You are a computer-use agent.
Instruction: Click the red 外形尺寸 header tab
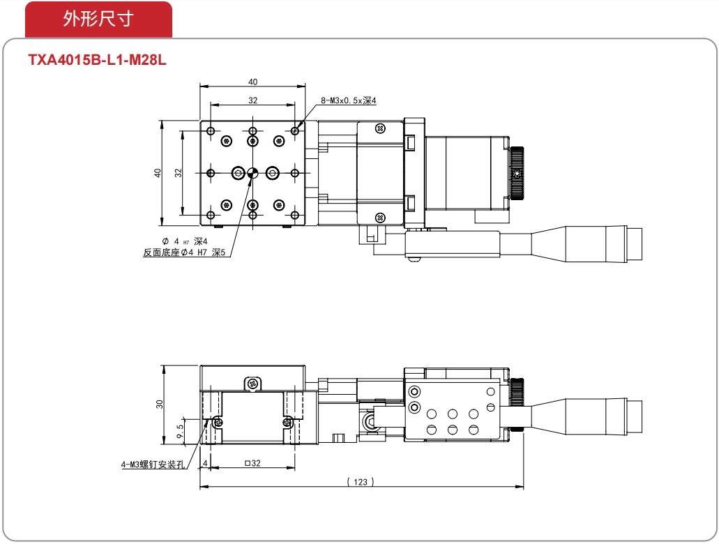pyautogui.click(x=98, y=20)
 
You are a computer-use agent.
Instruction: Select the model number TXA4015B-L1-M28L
pyautogui.click(x=97, y=60)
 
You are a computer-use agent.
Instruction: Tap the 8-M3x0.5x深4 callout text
pyautogui.click(x=349, y=100)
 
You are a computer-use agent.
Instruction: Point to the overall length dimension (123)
pyautogui.click(x=361, y=482)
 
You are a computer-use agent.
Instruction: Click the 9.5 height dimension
pyautogui.click(x=180, y=431)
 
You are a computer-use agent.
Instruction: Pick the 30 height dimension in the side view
pyautogui.click(x=159, y=404)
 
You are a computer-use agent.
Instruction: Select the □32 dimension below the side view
pyautogui.click(x=252, y=463)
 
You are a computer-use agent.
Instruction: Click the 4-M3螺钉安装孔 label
pyautogui.click(x=153, y=464)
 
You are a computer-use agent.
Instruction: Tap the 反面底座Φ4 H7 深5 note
pyautogui.click(x=184, y=252)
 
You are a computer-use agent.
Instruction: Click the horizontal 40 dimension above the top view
pyautogui.click(x=252, y=82)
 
